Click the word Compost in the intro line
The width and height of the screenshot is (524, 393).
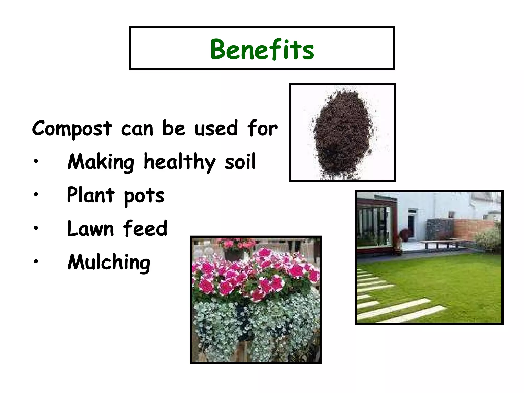(72, 128)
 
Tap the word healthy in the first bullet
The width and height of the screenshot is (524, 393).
(180, 162)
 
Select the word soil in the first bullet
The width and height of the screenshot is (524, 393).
(240, 162)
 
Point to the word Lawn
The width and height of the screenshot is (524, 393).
(90, 228)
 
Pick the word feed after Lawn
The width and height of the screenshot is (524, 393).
(145, 228)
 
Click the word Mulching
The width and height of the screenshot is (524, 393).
(109, 262)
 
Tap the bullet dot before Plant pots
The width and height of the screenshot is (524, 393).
(36, 194)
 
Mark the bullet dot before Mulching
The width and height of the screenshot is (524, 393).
(36, 261)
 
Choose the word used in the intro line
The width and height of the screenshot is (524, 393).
(216, 128)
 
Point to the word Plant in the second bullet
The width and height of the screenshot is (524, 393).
(91, 195)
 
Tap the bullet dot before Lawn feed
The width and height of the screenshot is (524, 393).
(36, 227)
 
